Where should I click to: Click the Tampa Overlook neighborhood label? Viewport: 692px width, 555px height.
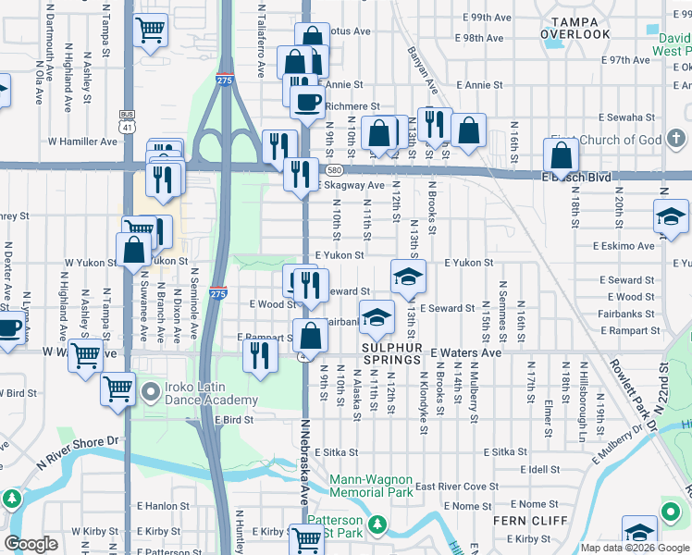pos(581,27)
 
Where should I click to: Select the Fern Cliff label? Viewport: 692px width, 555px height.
pos(523,521)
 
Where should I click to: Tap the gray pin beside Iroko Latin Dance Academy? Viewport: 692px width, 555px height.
pos(151,393)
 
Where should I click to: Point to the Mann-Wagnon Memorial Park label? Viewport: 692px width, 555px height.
pos(373,487)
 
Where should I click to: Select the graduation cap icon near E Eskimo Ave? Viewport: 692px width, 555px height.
pos(672,218)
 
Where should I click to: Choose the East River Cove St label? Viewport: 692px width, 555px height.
pos(456,487)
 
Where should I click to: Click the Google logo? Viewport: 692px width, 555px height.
pos(31,545)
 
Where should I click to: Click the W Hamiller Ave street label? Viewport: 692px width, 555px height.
pos(82,142)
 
